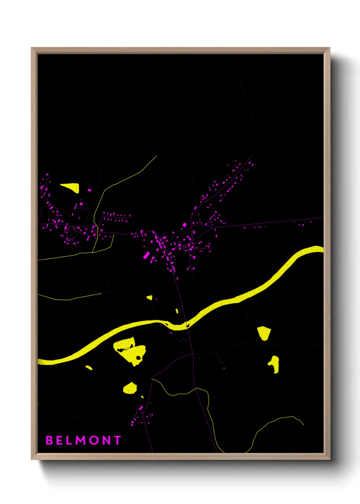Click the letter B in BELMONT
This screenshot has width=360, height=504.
click(x=49, y=440)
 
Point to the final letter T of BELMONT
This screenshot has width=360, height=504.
click(x=117, y=440)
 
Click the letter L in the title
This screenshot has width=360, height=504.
click(x=69, y=440)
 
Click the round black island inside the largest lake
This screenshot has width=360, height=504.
click(x=138, y=358)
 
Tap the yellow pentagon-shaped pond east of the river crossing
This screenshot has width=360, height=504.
click(x=264, y=333)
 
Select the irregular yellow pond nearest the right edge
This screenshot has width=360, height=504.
click(x=275, y=364)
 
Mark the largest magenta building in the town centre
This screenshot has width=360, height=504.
click(x=147, y=255)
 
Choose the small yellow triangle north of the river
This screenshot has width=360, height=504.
click(x=149, y=297)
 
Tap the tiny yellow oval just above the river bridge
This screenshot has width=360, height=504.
click(x=177, y=311)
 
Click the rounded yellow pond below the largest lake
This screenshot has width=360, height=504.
click(x=130, y=388)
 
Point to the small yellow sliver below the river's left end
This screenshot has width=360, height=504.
click(x=89, y=367)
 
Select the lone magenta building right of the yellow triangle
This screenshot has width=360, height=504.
click(x=89, y=190)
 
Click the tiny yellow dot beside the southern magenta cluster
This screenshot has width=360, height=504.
click(x=142, y=397)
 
